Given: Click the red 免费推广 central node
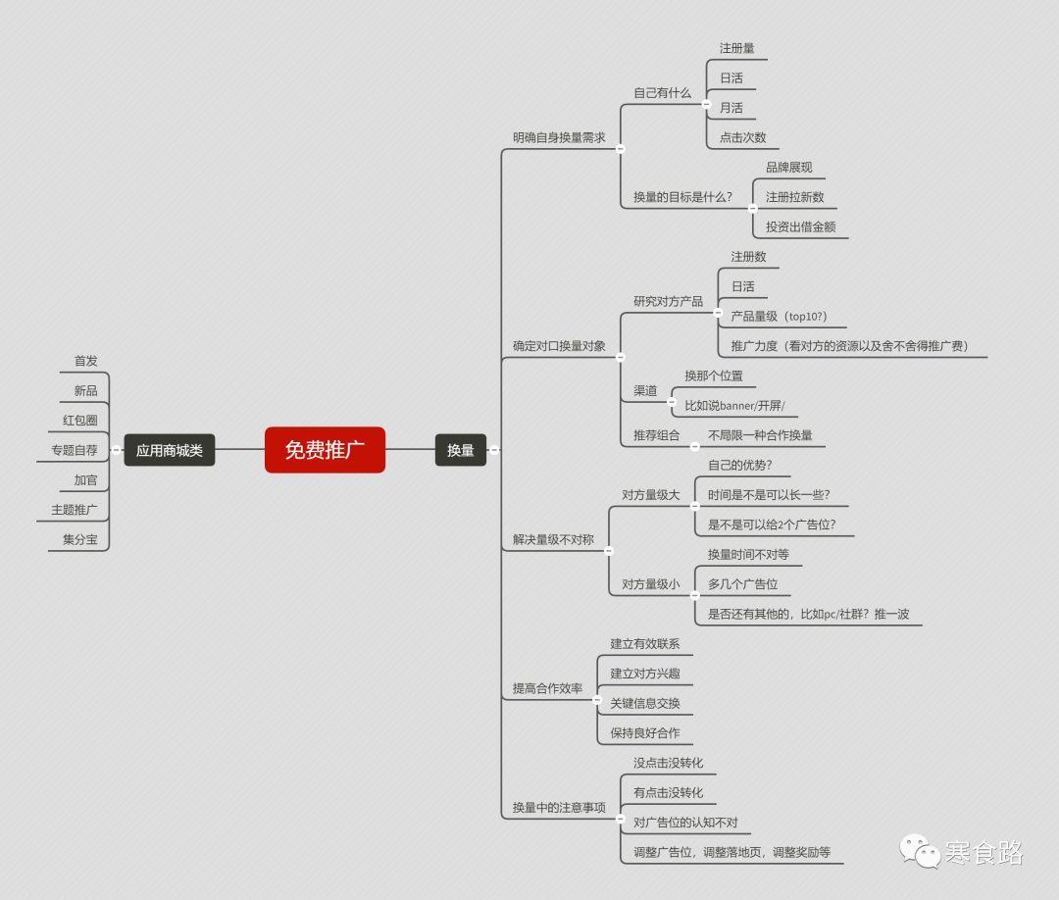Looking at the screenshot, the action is click(325, 450).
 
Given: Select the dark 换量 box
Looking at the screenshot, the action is click(461, 450).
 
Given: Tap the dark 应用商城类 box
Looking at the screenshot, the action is click(170, 450).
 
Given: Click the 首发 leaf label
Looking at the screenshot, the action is click(85, 361).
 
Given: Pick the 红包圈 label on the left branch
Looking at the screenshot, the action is click(80, 420).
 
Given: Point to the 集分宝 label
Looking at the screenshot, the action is click(80, 539).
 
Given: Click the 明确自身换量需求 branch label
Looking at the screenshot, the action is click(559, 137).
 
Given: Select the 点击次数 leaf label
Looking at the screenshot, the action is click(743, 137).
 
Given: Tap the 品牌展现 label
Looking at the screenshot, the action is click(788, 168).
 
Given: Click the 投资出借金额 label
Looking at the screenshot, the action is click(801, 226).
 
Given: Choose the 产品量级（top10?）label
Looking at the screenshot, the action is click(779, 316).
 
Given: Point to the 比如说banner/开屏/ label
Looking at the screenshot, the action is click(734, 406).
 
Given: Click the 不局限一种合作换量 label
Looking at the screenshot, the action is click(760, 435).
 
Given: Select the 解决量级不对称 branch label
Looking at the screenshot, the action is click(553, 539).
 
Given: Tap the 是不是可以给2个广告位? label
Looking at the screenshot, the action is click(772, 525).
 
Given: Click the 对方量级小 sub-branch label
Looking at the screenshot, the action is click(650, 584).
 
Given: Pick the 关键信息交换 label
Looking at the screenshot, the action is click(645, 704).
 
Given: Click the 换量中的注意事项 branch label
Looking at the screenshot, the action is click(559, 808).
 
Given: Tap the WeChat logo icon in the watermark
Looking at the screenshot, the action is click(919, 851).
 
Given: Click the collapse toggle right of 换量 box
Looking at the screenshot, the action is click(494, 450).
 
